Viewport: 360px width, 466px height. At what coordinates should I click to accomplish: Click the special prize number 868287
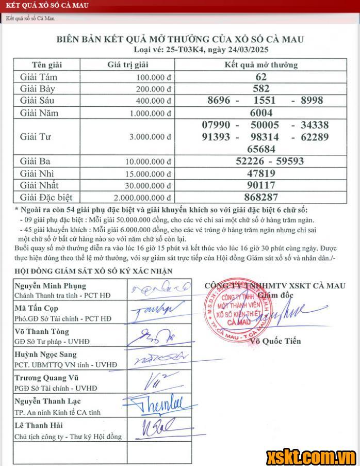coord(261,197)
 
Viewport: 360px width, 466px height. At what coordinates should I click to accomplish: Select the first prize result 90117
coord(261,185)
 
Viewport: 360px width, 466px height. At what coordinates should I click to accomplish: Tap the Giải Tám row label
coord(39,77)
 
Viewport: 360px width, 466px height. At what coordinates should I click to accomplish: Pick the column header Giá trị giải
coord(128,65)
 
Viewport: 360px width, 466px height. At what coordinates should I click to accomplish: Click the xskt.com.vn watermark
coord(311,456)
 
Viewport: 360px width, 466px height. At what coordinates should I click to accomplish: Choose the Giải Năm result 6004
coord(261,113)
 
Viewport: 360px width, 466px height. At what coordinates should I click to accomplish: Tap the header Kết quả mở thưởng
coord(261,65)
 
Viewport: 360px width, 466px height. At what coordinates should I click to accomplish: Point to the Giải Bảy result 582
coord(261,88)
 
